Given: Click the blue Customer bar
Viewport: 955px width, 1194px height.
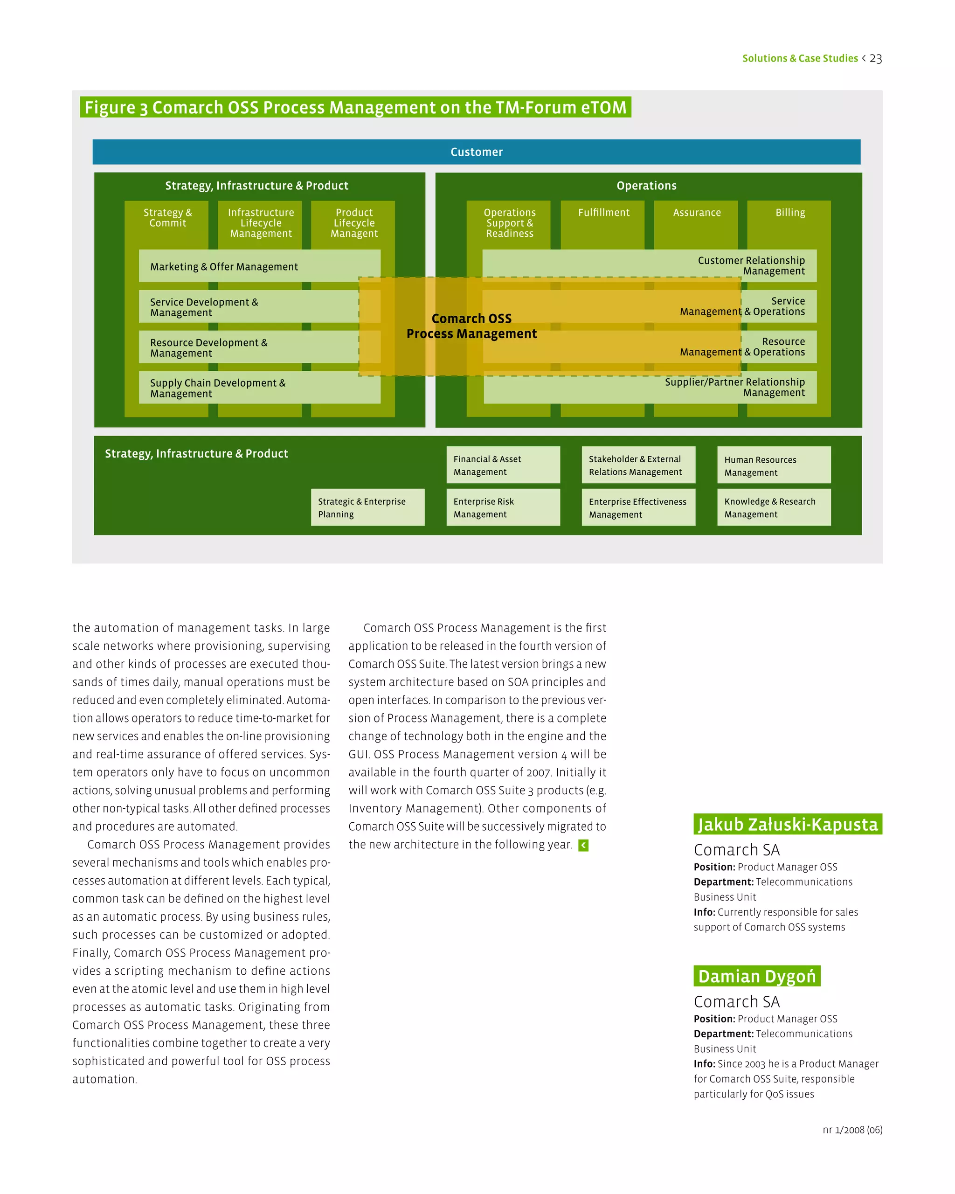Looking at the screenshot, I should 476,152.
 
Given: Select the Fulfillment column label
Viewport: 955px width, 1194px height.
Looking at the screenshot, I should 603,213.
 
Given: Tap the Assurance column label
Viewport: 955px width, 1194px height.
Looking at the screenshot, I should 697,213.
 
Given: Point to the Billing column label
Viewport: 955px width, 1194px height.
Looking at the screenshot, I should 790,213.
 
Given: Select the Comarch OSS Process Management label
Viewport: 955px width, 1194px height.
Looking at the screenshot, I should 472,326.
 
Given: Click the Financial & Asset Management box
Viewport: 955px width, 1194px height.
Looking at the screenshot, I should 503,465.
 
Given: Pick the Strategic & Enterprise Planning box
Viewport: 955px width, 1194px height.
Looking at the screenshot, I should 367,507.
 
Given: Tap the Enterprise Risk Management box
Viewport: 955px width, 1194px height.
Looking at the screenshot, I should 503,507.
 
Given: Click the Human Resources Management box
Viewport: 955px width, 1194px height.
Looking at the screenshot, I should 774,465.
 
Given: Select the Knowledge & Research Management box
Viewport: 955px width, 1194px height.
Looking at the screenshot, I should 774,507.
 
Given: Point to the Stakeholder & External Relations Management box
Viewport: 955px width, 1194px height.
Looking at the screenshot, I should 638,465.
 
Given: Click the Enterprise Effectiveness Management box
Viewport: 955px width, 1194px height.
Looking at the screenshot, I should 638,507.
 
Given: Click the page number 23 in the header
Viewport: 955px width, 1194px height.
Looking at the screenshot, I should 875,59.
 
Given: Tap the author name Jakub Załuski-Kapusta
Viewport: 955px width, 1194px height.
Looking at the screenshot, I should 787,824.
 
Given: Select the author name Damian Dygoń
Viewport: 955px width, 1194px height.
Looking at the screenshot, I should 757,976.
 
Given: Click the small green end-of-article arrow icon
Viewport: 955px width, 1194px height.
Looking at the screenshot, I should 583,845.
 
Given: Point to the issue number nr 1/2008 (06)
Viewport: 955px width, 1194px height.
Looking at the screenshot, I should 852,1130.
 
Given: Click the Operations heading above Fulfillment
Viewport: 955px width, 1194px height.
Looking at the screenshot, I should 646,186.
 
